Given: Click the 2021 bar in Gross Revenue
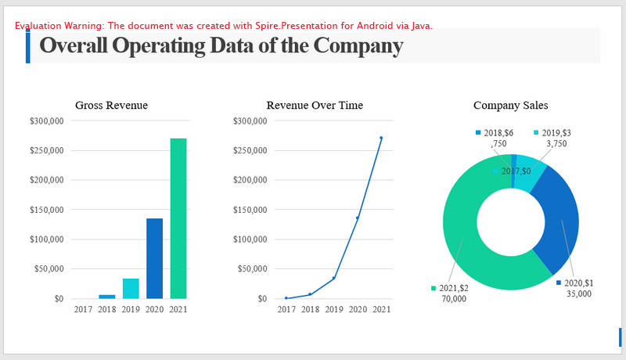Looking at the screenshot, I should tap(178, 218).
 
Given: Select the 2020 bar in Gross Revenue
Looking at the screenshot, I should tap(154, 258).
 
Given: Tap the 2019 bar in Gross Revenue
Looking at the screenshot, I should tap(131, 289).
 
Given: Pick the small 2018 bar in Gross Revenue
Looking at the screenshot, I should tap(106, 296).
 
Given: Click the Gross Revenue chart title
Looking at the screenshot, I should tap(111, 106).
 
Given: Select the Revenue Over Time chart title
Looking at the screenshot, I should tap(315, 106).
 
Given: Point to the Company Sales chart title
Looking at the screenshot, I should tap(510, 106).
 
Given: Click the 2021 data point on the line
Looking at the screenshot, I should tap(381, 139).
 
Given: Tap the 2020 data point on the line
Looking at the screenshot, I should tap(358, 218).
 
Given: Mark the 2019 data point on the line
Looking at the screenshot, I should tap(334, 278).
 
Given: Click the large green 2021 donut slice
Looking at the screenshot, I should tap(469, 250).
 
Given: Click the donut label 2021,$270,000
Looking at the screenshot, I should tap(453, 293).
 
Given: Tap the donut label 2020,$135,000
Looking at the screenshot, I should tap(578, 288).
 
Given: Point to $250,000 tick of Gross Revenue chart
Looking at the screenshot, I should tap(46, 150).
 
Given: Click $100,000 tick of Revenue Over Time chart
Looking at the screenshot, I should tap(250, 239).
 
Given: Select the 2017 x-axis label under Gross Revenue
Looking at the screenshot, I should tap(83, 310).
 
